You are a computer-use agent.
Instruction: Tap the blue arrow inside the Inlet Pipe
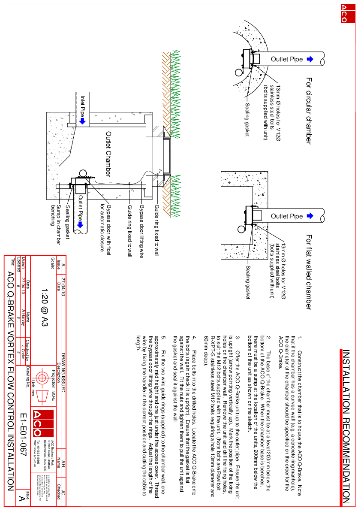click(83, 121)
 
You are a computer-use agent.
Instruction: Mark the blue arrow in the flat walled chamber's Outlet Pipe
click(310, 216)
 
